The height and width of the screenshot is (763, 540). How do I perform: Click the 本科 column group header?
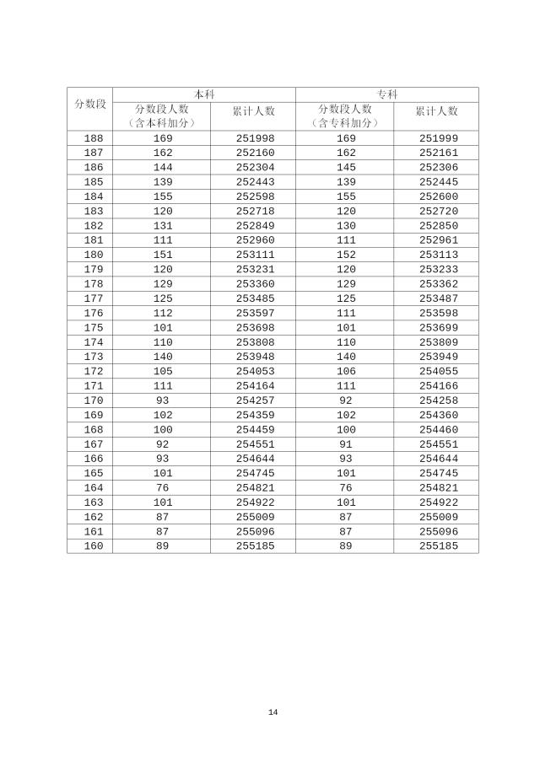(x=203, y=94)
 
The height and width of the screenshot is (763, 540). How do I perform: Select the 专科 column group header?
(x=386, y=94)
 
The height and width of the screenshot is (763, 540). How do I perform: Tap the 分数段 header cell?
(x=89, y=103)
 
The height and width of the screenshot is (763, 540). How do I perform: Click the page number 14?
(x=273, y=712)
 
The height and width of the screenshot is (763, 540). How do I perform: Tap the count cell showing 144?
(x=163, y=167)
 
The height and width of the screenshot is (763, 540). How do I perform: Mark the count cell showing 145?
(x=346, y=167)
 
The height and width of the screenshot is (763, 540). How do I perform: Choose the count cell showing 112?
(x=163, y=313)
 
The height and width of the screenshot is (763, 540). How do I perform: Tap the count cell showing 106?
(x=346, y=371)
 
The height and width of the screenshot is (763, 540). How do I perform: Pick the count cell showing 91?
(x=346, y=443)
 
